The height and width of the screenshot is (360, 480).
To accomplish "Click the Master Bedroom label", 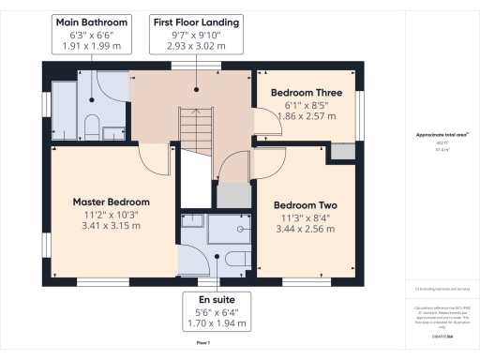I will tap(111, 202).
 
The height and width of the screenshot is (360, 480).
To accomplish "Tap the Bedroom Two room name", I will tap(304, 205).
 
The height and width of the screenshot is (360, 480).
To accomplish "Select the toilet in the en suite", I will tap(235, 257).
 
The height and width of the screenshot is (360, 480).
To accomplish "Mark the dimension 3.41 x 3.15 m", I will tap(111, 226).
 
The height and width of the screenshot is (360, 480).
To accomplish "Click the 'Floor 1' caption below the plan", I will tap(202, 344).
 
